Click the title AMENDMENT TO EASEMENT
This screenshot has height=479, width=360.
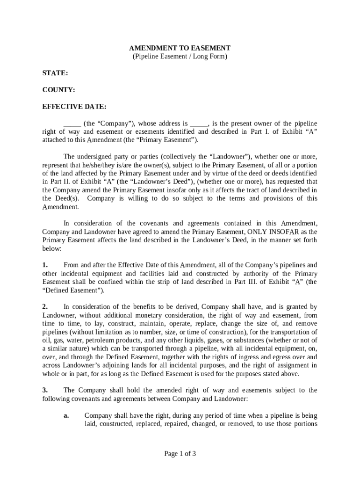point(180,48)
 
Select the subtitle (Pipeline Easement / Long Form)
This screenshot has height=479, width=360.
point(180,57)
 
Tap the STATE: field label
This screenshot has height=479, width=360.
point(55,73)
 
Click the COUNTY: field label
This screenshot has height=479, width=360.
point(59,90)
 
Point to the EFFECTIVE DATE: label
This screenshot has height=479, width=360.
point(74,107)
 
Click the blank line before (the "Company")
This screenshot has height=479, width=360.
point(72,124)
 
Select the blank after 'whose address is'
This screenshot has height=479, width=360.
point(199,124)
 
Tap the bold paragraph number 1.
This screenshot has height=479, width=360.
point(45,265)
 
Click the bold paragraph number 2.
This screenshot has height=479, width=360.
point(45,307)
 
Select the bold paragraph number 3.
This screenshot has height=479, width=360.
point(45,390)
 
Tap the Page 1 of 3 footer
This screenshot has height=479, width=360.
point(180,453)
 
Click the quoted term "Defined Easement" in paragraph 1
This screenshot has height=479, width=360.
point(73,290)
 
